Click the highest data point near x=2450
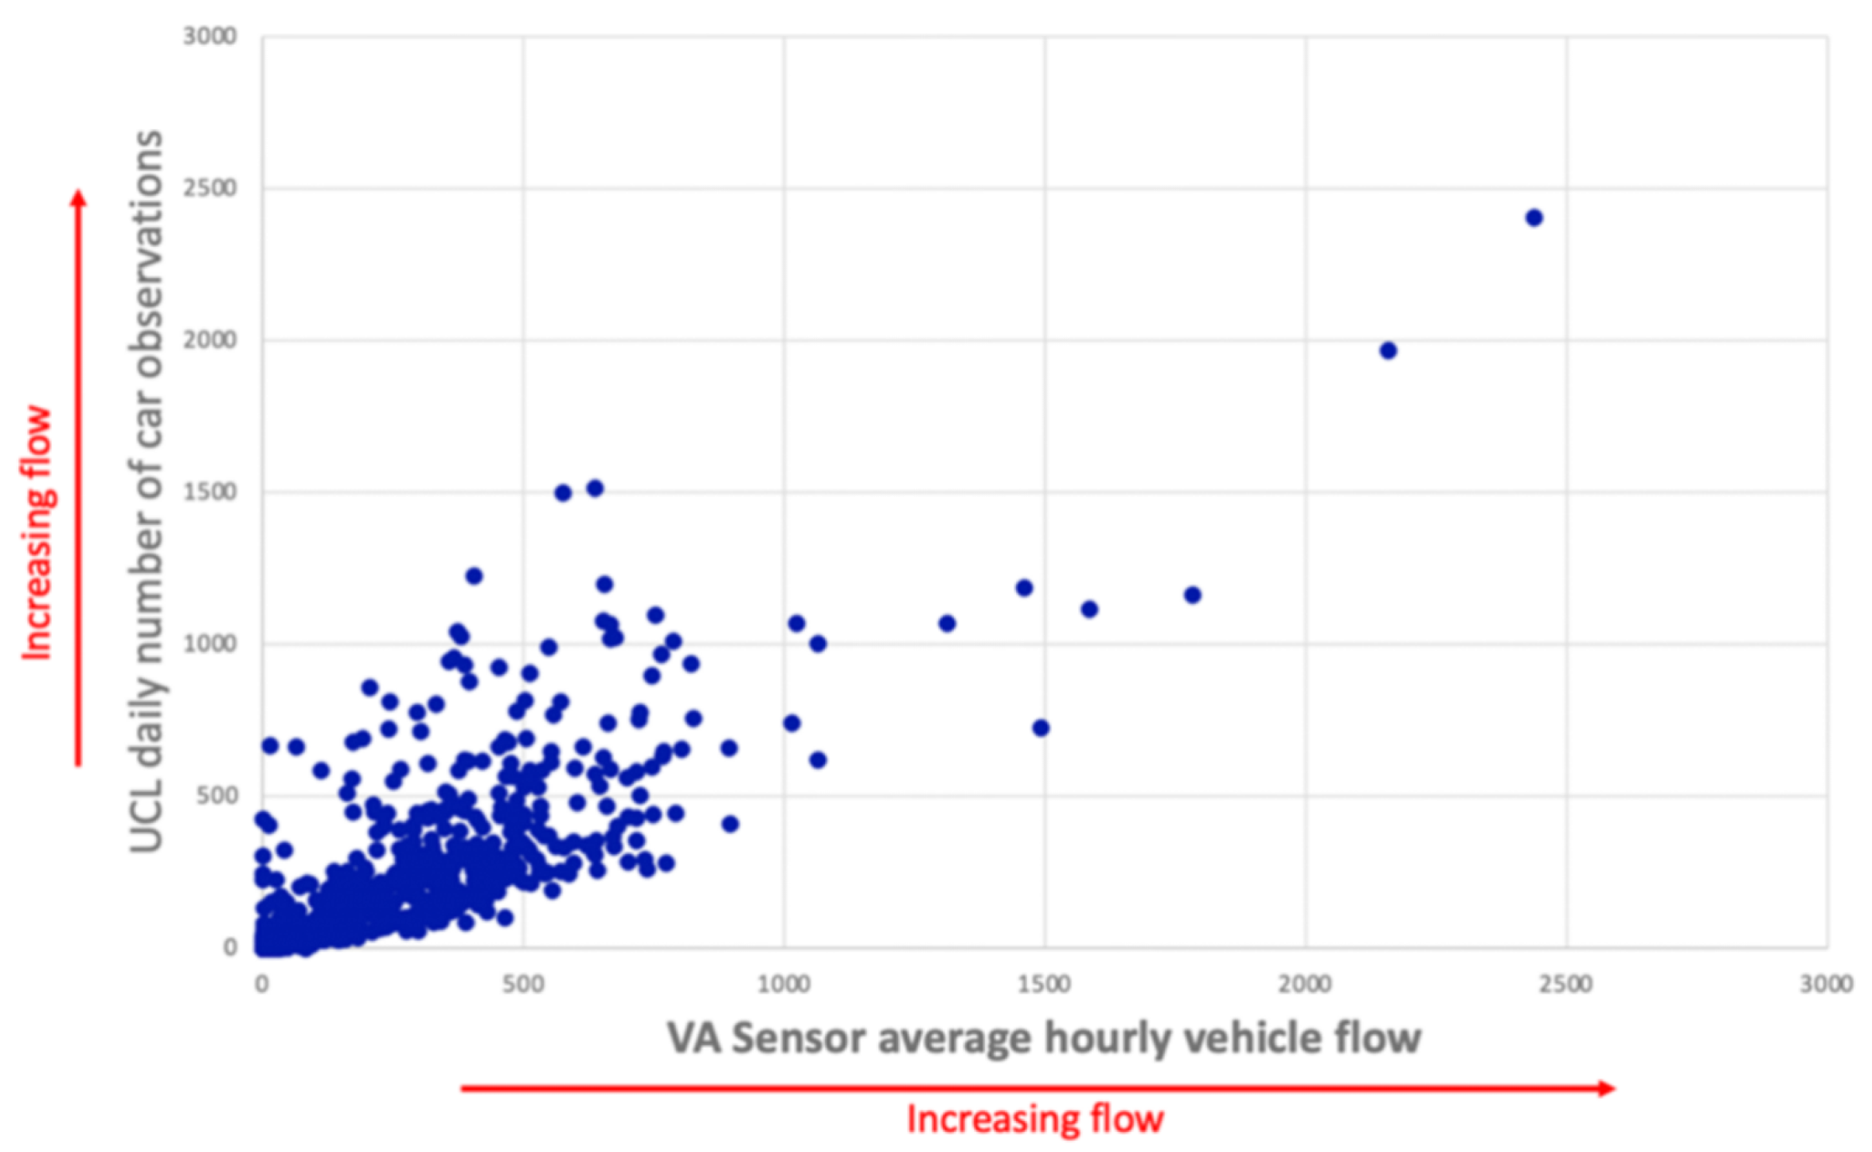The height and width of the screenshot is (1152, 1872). coord(1534,217)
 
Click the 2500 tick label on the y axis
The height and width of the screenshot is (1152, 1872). coord(209,188)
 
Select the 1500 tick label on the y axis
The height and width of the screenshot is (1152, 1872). coord(209,492)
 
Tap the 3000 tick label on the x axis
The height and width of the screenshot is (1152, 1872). coord(1826,984)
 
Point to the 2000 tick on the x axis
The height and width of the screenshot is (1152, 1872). coord(1304,984)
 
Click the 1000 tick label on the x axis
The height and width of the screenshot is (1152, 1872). coord(784,984)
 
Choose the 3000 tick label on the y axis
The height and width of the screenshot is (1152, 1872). coord(209,36)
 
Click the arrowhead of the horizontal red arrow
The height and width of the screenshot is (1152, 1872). coord(1607,1088)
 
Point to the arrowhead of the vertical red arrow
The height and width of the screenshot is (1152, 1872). coord(78,198)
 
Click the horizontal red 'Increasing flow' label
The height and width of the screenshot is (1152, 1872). coord(1035,1119)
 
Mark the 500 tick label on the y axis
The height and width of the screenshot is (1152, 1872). coord(216,795)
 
